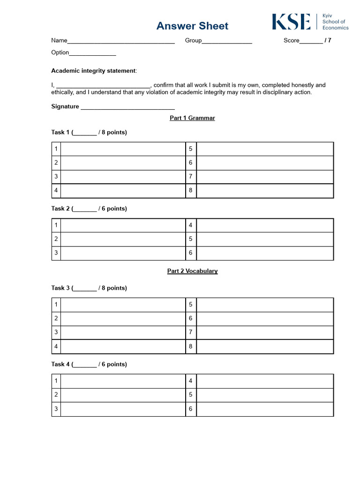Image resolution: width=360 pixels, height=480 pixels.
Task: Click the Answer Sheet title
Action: [192, 26]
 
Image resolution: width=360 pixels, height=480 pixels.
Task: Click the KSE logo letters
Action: [291, 22]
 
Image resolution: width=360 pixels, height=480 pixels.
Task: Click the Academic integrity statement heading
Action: [94, 71]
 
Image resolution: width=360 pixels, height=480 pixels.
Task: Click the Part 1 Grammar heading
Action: [192, 118]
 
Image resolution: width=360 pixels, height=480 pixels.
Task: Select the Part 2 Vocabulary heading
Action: [192, 271]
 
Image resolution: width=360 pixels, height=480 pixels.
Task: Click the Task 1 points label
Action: [89, 132]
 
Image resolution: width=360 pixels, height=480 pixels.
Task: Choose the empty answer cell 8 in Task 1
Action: [265, 191]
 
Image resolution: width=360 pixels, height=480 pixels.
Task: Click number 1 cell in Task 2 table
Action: [56, 225]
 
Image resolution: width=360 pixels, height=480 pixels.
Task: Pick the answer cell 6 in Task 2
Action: [265, 253]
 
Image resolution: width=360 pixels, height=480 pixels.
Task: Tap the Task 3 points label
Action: [89, 288]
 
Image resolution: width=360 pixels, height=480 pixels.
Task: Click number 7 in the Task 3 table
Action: [191, 332]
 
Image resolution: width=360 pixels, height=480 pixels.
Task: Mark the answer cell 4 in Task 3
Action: [123, 346]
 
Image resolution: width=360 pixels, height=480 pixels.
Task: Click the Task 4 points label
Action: [89, 364]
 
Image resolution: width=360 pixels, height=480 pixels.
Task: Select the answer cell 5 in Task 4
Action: [265, 395]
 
